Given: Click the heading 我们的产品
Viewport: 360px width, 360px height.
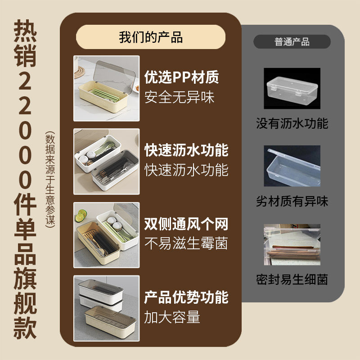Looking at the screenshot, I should coord(151,37).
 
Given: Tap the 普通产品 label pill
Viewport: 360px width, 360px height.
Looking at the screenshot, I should coord(292,42).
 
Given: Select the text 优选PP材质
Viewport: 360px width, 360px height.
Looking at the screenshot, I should coord(182,77).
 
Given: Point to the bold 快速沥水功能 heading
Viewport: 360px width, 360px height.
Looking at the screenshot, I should coord(186,150).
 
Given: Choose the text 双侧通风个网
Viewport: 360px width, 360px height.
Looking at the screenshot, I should coord(186,224).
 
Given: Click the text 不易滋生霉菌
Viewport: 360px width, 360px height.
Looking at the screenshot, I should coord(186,243).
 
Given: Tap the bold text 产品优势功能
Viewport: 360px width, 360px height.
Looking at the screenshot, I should coord(186,297).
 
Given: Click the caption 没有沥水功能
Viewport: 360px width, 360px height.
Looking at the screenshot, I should coord(292,123).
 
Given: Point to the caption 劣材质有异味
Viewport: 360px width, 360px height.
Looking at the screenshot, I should coord(292,201).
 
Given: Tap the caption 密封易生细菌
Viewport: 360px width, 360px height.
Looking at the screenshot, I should coord(292,279).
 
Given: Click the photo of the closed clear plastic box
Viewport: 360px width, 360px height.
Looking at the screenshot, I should coord(292,88).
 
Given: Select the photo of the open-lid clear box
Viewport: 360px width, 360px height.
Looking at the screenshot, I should coord(292,166).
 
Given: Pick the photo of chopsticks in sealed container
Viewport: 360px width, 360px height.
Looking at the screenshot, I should coord(292,244).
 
